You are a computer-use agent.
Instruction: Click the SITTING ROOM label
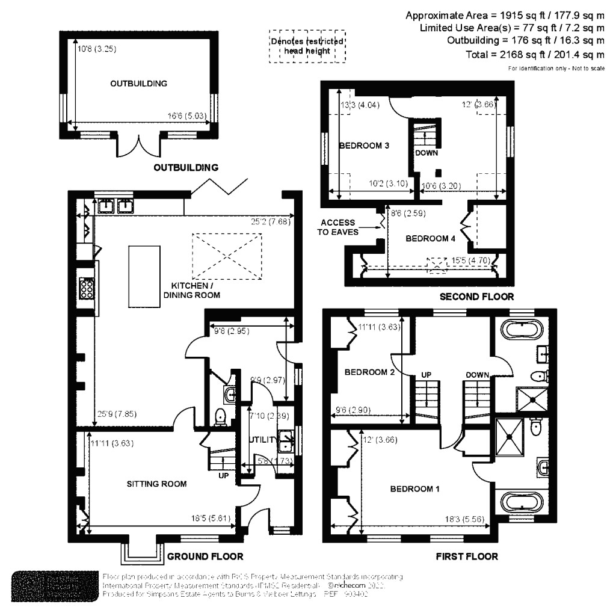(x=156, y=484)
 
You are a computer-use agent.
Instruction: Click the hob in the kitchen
(x=87, y=288)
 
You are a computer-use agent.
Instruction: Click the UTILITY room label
(x=263, y=440)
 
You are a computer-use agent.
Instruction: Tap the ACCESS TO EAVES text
(x=338, y=227)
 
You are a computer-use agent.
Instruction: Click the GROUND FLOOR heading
(x=205, y=556)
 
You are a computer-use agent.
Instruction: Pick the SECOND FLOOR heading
(x=476, y=297)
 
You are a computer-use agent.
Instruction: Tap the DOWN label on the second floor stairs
(x=426, y=153)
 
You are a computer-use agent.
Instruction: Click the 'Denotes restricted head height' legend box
(x=307, y=46)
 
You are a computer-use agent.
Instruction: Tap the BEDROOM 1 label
(x=414, y=488)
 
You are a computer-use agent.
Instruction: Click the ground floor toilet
(x=221, y=416)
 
